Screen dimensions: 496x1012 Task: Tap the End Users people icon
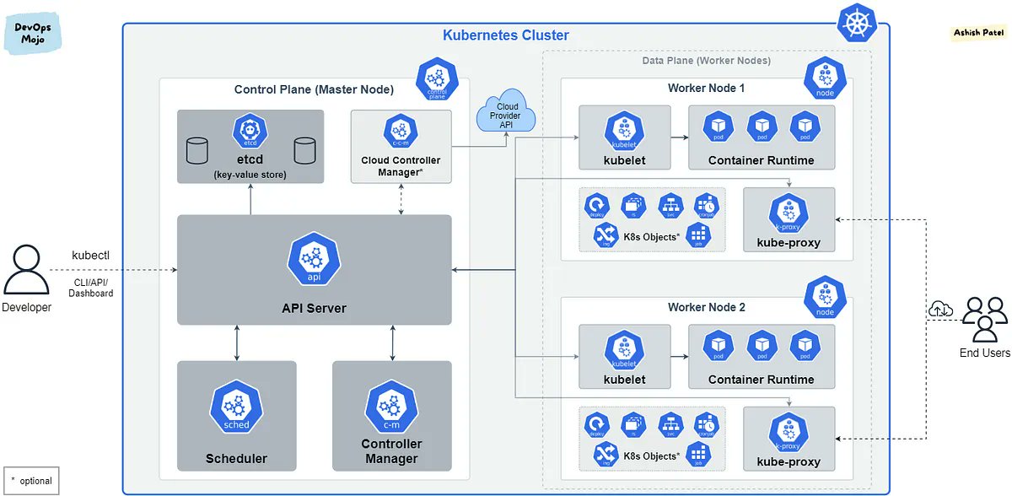tap(985, 319)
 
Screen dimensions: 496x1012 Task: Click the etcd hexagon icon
tap(250, 133)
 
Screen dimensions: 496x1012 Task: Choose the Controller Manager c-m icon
tap(391, 409)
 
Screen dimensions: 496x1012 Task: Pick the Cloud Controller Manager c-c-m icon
tap(401, 132)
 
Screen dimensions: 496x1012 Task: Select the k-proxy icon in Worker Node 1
tap(789, 213)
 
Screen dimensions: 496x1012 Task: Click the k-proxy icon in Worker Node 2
tap(789, 432)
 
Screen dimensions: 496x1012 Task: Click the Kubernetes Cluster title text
tap(506, 35)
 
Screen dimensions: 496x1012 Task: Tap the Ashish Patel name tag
tap(978, 32)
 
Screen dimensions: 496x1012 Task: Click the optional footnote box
tap(31, 481)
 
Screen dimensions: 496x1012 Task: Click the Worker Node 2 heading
tap(706, 307)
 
